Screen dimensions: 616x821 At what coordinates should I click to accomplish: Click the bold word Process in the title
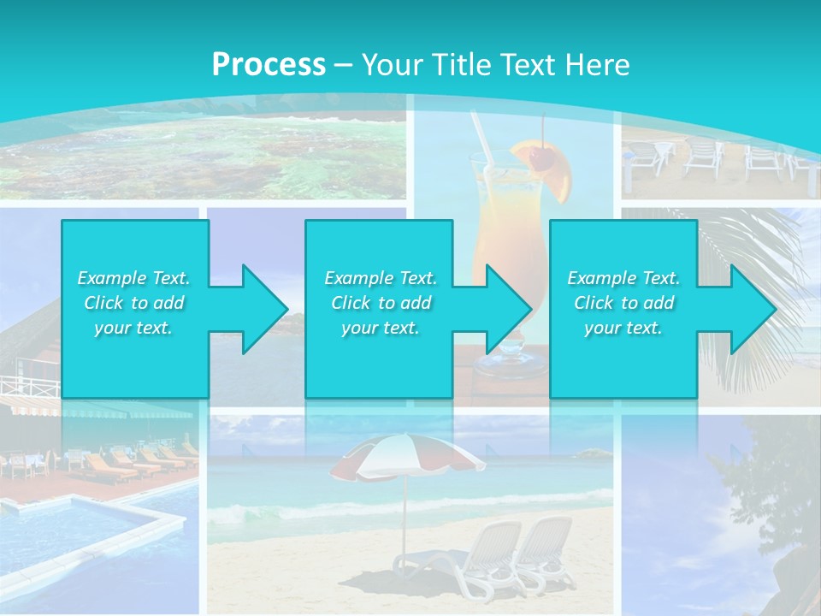click(269, 65)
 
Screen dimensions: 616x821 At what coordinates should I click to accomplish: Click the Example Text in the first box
click(133, 278)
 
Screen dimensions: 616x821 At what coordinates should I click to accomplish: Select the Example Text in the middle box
click(380, 278)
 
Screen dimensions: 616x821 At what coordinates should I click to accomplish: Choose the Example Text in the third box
click(623, 278)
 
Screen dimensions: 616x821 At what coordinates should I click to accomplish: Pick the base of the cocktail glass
click(510, 366)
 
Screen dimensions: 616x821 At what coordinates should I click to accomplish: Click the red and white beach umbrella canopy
click(402, 454)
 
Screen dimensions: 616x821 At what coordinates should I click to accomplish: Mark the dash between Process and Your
click(344, 65)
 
